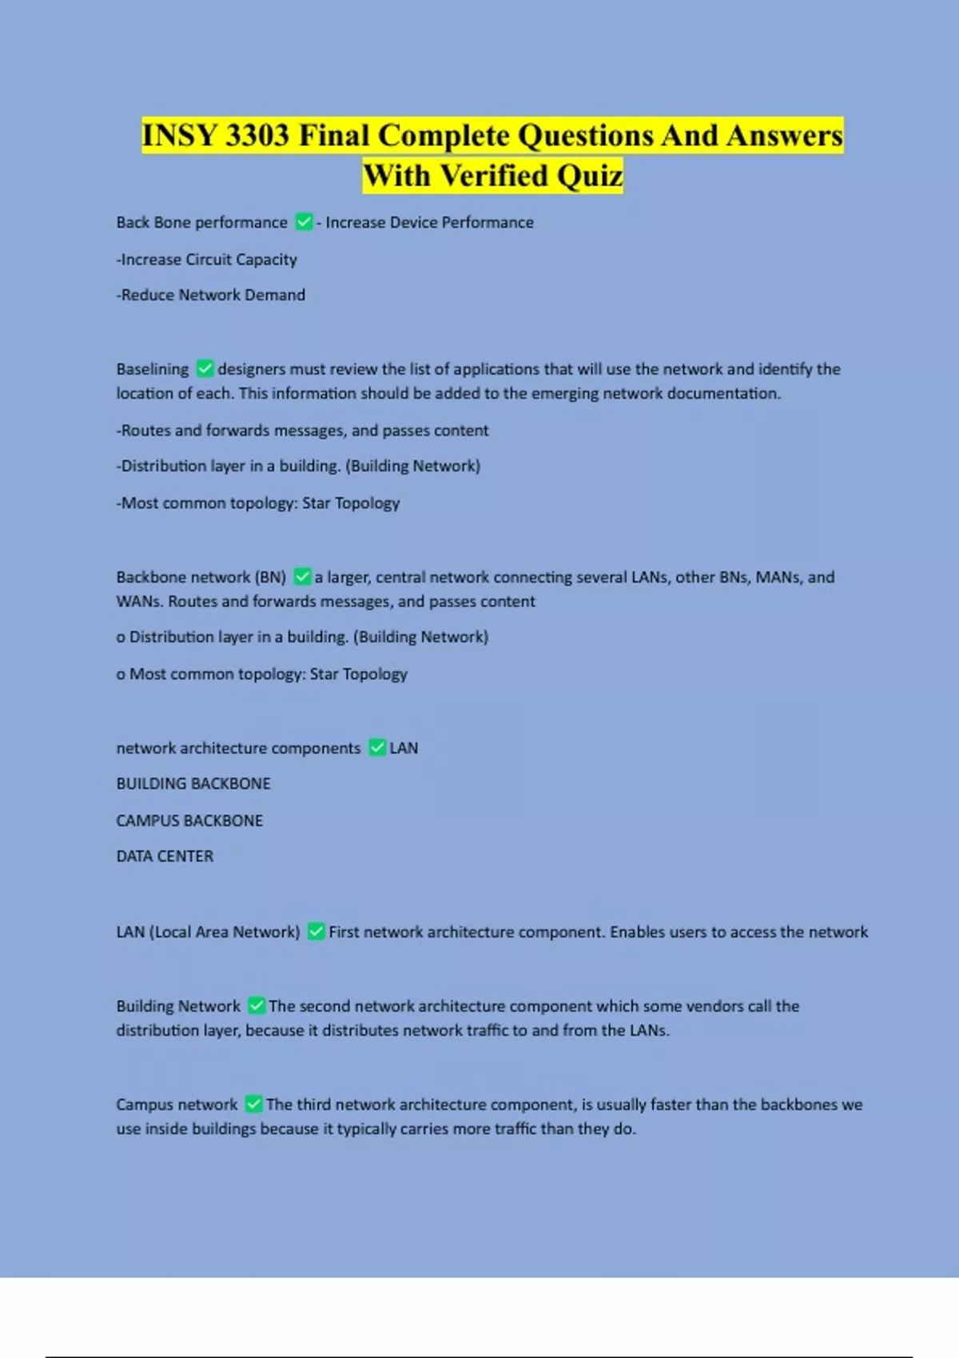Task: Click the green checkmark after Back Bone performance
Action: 304,222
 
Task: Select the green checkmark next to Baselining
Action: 205,369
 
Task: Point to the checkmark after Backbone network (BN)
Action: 302,577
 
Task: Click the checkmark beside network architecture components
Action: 377,748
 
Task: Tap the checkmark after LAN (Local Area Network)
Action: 316,931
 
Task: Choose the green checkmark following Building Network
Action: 257,1006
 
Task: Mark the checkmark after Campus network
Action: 253,1104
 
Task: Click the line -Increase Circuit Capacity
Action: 207,260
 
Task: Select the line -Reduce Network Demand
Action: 211,295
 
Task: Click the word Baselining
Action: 153,369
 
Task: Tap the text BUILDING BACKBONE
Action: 193,784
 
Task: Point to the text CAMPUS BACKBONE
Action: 189,820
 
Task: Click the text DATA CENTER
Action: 165,856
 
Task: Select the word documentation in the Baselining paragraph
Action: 723,393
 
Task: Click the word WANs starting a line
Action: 140,602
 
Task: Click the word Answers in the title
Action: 784,136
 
